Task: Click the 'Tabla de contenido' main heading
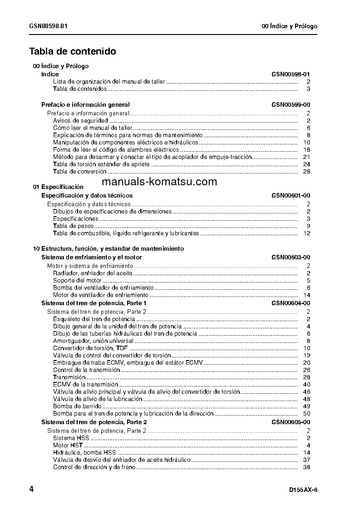(73, 51)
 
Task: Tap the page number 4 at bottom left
(31, 489)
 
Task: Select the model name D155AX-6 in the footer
(303, 490)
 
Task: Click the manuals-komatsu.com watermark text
(159, 182)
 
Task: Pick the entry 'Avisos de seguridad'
(80, 121)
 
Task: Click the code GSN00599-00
(291, 105)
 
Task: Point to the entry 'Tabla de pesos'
(74, 226)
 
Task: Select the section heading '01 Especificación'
(58, 187)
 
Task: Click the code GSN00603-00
(291, 257)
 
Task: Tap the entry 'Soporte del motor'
(77, 281)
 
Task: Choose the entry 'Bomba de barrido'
(77, 406)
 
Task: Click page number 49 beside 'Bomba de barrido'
(306, 406)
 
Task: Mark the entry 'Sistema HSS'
(71, 438)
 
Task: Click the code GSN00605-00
(291, 422)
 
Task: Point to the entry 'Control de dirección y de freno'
(94, 467)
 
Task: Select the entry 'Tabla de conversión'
(79, 172)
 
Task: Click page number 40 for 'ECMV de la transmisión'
(306, 385)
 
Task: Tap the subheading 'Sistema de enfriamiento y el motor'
(91, 257)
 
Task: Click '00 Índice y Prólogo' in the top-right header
(290, 26)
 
